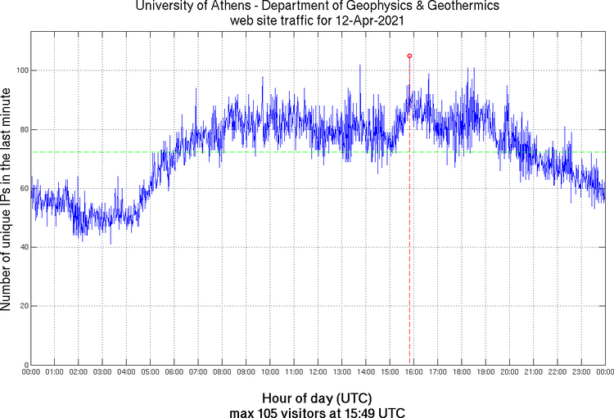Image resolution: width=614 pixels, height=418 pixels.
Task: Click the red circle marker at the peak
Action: (409, 56)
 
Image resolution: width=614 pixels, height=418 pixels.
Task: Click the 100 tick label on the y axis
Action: (20, 70)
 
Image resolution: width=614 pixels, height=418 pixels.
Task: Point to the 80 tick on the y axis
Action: (22, 129)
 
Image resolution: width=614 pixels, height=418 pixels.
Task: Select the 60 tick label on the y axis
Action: (22, 188)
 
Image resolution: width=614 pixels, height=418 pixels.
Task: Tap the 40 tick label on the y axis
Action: (22, 247)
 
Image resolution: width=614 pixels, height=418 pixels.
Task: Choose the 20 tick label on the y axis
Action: (22, 306)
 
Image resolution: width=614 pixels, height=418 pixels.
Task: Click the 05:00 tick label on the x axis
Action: (151, 372)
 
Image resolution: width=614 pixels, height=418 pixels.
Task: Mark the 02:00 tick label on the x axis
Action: (79, 372)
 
